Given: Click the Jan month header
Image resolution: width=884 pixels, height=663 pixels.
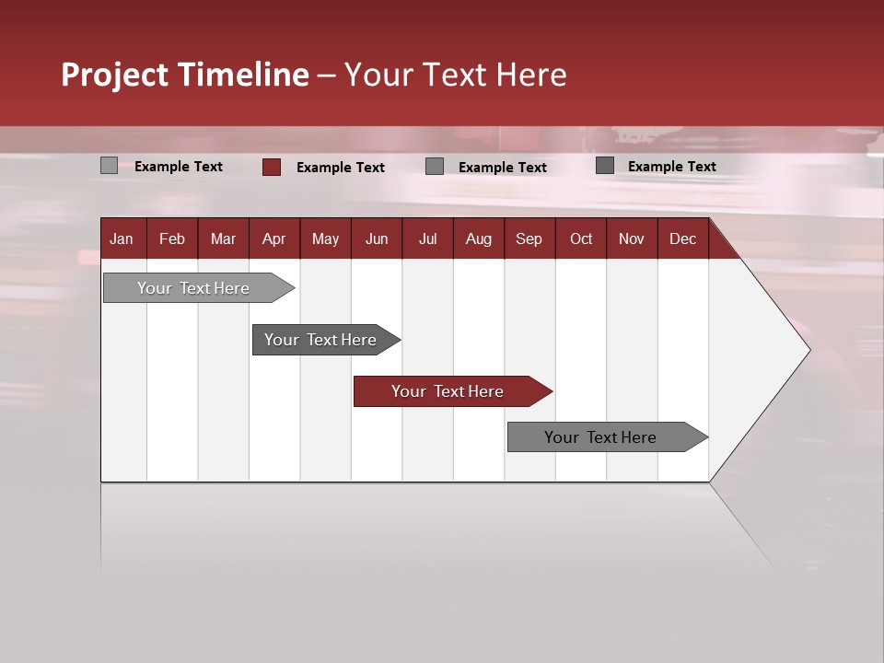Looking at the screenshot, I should tap(122, 238).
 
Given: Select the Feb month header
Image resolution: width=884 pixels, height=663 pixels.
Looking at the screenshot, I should tap(172, 238).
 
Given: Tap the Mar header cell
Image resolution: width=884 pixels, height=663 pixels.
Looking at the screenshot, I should tap(223, 238).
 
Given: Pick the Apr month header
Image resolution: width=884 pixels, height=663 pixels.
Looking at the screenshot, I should tap(274, 238).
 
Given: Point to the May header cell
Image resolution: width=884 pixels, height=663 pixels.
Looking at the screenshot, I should tap(325, 238).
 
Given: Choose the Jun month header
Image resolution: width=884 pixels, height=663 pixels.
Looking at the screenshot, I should tap(377, 238).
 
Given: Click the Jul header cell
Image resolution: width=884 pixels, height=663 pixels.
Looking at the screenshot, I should tap(427, 238).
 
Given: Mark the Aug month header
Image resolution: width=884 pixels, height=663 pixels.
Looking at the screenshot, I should tap(479, 238).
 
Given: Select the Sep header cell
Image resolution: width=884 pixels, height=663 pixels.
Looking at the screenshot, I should tap(529, 238).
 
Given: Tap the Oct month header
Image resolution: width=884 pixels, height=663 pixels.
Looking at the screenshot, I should tap(581, 238).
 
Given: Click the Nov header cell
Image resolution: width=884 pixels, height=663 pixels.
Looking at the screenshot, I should tap(632, 238).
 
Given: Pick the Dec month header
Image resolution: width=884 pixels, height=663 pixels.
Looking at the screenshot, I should tap(683, 238).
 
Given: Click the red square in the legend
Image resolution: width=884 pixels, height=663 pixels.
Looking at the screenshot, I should tap(272, 167).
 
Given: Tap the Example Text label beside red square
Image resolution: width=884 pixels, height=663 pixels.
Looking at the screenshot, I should tap(341, 168).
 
